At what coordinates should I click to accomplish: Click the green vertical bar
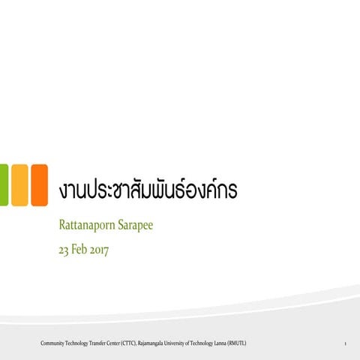[x=4, y=184]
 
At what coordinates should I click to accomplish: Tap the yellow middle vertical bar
[x=19, y=184]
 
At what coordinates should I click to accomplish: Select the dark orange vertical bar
[x=39, y=184]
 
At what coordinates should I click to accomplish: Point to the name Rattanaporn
[x=87, y=224]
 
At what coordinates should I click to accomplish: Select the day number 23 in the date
[x=64, y=250]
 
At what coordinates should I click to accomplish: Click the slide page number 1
[x=343, y=343]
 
